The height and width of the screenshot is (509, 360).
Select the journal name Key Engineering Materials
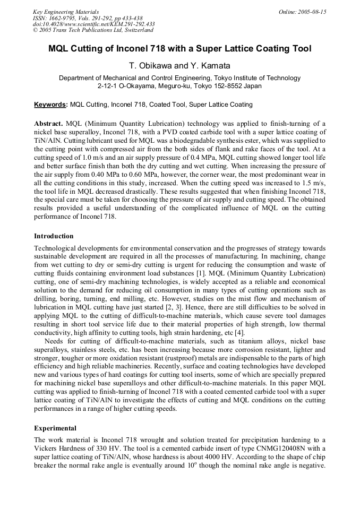66,12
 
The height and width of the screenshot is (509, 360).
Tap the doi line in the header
94,24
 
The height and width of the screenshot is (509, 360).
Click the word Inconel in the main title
119,49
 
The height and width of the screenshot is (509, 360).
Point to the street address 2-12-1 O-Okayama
126,85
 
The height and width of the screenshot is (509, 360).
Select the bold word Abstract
49,123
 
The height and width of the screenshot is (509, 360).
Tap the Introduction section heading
54,236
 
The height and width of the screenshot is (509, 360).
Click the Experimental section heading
55,428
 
